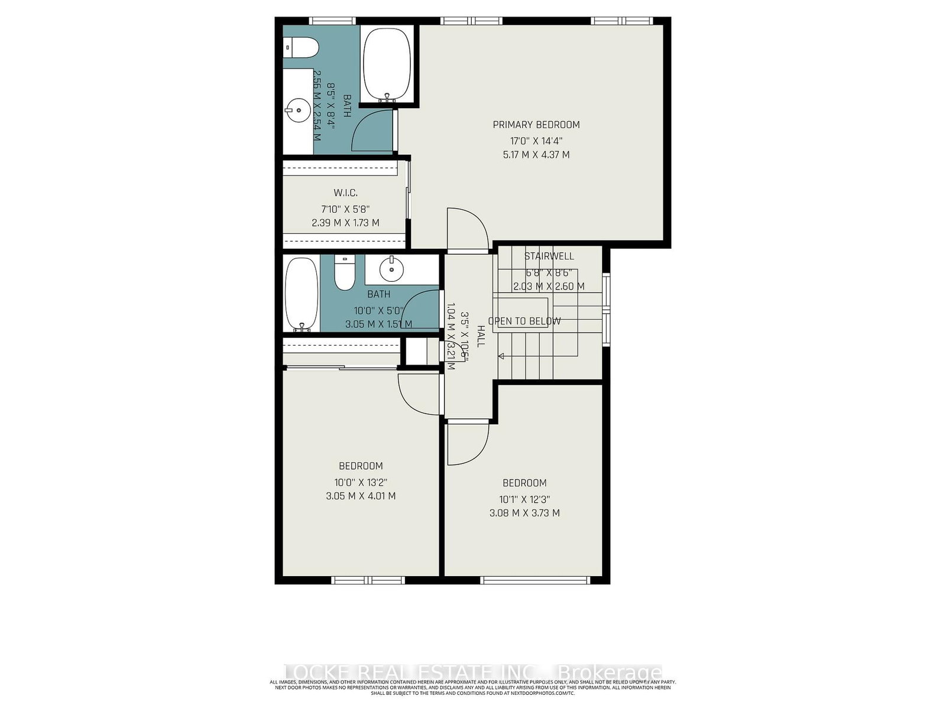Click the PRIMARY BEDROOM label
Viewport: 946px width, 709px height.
(x=536, y=125)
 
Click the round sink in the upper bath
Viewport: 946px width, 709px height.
(x=297, y=109)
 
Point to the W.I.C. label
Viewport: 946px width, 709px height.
(x=345, y=193)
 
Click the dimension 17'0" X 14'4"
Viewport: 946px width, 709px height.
(x=536, y=141)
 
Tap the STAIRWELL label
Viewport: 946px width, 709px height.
(x=549, y=256)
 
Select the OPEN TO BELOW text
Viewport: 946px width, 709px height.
(x=524, y=321)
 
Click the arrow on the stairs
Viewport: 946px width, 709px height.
(x=502, y=356)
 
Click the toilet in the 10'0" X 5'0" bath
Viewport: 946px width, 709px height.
(x=343, y=272)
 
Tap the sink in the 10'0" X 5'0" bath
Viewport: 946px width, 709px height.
(x=391, y=270)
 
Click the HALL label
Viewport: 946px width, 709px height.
(x=481, y=336)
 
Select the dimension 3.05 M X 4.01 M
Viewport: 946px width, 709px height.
(x=361, y=496)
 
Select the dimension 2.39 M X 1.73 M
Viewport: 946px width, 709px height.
(x=345, y=223)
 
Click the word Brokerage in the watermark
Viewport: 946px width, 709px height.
(x=610, y=674)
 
